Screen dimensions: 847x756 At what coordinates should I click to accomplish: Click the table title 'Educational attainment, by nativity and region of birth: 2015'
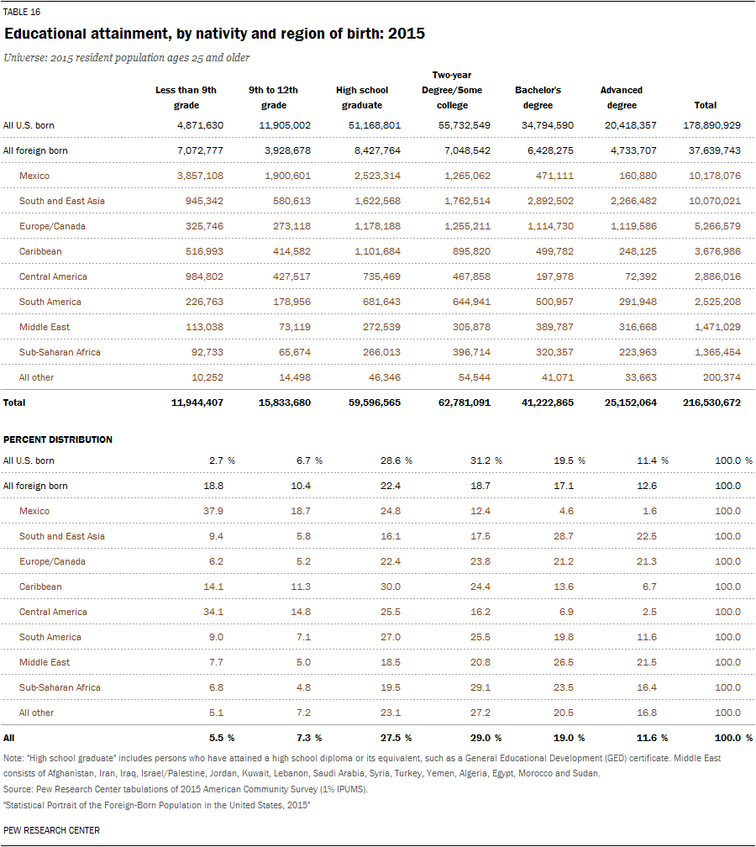[214, 34]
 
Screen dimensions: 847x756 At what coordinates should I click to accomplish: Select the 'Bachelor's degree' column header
[538, 97]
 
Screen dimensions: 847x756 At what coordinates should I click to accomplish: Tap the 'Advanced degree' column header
[622, 97]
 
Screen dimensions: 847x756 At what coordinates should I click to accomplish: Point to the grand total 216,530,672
[711, 402]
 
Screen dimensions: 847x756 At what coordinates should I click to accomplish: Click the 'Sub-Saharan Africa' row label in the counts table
[60, 352]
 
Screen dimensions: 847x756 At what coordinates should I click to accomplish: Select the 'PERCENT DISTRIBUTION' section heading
[58, 439]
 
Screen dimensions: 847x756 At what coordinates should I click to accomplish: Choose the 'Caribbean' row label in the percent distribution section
[40, 587]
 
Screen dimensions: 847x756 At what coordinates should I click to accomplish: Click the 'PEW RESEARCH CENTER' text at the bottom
[51, 830]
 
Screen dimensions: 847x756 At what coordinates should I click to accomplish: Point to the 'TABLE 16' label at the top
[22, 12]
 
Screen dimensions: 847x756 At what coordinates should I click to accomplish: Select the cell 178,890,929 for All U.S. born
[711, 125]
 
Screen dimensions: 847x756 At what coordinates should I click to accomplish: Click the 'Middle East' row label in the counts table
[45, 327]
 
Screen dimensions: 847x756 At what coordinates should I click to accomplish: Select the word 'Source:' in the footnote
[18, 790]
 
